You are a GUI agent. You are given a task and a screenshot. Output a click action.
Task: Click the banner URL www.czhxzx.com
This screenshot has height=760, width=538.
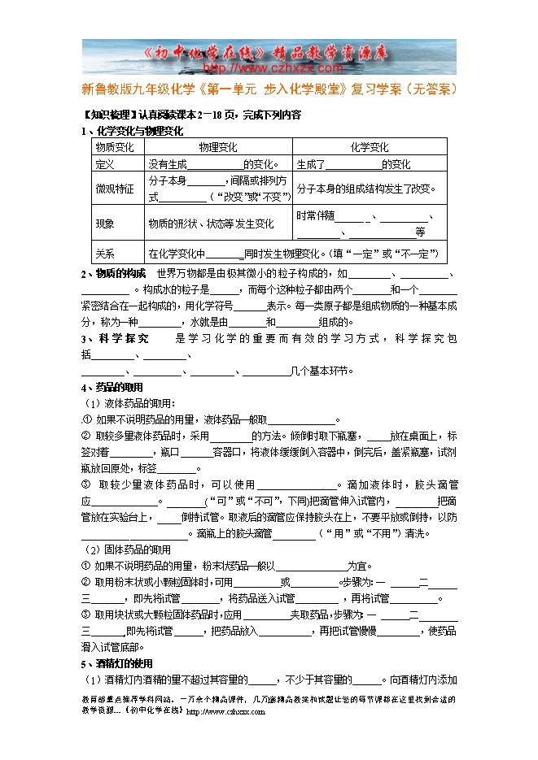coord(269,68)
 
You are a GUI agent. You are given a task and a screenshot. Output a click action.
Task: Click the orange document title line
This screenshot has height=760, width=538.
coord(269,88)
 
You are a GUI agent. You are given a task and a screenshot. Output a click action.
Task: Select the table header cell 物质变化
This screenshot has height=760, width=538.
coord(115,148)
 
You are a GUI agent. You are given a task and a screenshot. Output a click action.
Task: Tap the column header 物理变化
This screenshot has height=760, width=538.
coord(217,148)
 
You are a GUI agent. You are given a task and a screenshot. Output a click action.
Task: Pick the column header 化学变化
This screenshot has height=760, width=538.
coord(370,148)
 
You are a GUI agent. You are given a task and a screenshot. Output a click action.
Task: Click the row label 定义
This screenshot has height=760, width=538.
coord(104,164)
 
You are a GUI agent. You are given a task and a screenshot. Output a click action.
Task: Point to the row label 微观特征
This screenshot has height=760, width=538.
coord(115,189)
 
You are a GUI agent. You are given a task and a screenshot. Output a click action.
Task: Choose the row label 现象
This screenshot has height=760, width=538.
coord(104,224)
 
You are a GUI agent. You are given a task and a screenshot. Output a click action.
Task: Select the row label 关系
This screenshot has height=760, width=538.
coord(104,253)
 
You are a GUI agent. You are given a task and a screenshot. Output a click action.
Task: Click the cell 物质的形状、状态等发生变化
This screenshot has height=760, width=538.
coord(211,224)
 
